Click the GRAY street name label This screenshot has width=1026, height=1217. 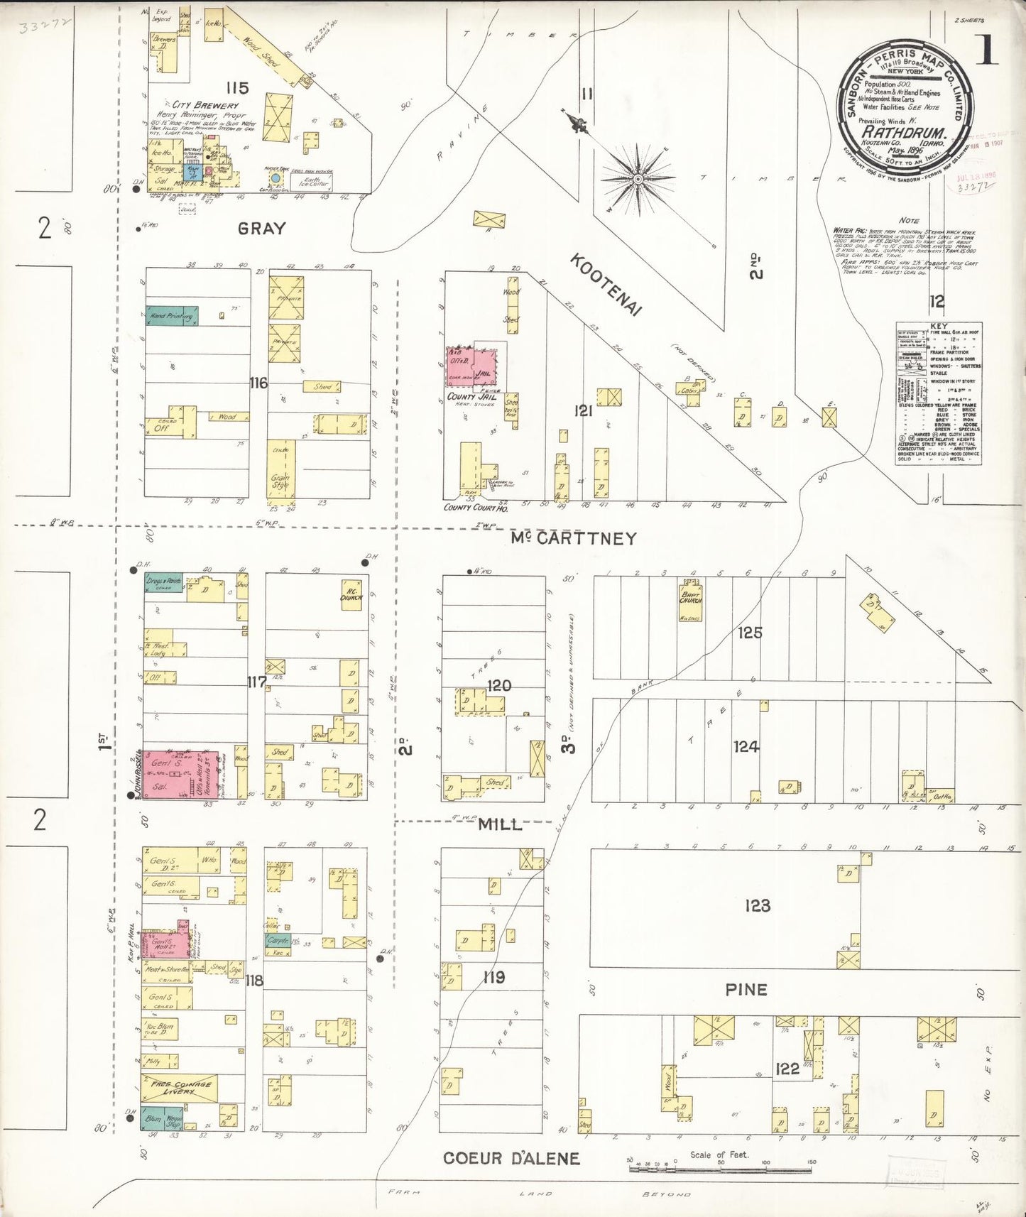261,229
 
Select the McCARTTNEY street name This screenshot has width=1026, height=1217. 574,539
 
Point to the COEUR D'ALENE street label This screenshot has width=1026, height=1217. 511,1158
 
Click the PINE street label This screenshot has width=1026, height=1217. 746,990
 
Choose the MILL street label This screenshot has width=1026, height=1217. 500,824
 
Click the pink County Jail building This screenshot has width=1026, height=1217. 471,366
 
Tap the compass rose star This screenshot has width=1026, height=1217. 638,178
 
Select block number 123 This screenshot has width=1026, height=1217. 758,905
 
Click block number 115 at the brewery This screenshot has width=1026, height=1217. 237,88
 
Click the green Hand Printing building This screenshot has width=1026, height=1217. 172,316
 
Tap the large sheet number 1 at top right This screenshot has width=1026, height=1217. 988,51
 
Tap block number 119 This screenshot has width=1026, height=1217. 493,978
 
